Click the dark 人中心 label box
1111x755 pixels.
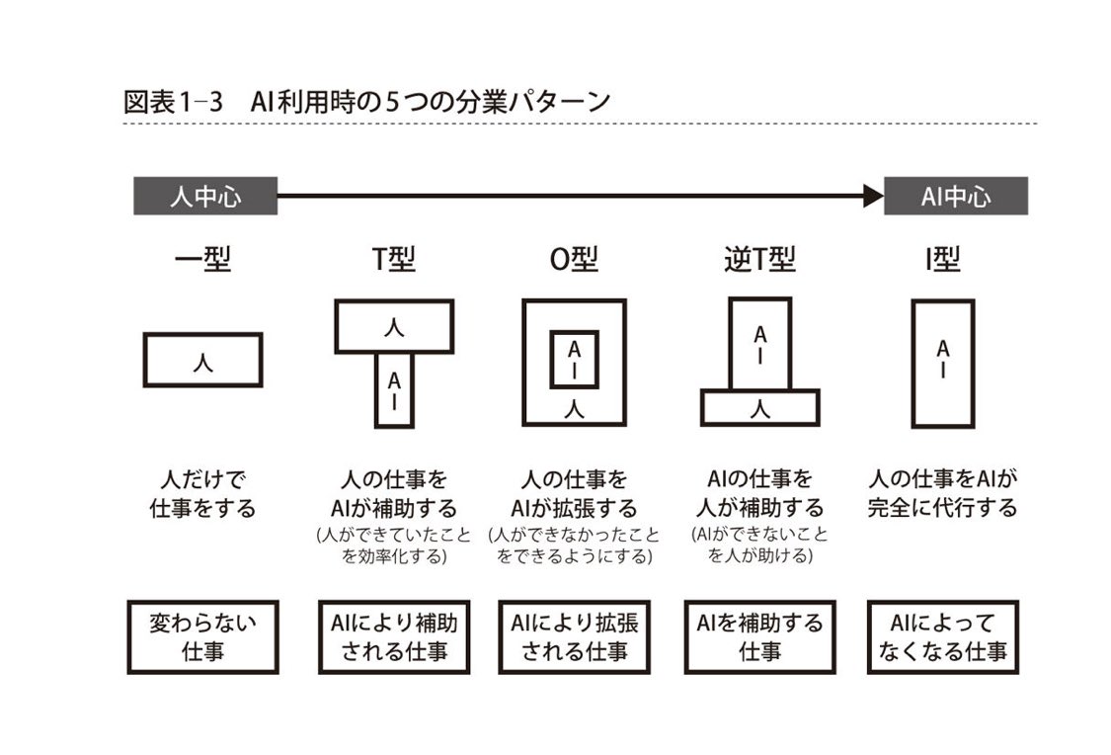[205, 197]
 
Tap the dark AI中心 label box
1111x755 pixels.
[955, 197]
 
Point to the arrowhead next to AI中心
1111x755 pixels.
[872, 197]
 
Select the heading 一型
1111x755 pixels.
[202, 260]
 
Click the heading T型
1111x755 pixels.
[393, 260]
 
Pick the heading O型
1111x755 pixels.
[574, 260]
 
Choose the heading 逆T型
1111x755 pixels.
[758, 260]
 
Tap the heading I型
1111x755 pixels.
[942, 260]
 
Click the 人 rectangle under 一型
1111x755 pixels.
[203, 361]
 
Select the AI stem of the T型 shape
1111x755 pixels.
[394, 390]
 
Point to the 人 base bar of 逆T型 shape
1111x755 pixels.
[759, 407]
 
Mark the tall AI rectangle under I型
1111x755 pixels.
[942, 363]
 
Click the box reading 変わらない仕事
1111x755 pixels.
[202, 636]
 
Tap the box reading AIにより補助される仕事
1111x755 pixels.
[393, 636]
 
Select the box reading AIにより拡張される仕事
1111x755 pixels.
[574, 636]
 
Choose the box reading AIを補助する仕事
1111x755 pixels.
[759, 636]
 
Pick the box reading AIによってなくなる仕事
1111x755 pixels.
[942, 636]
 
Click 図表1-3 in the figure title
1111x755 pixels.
[170, 101]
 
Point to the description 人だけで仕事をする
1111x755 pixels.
[202, 494]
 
